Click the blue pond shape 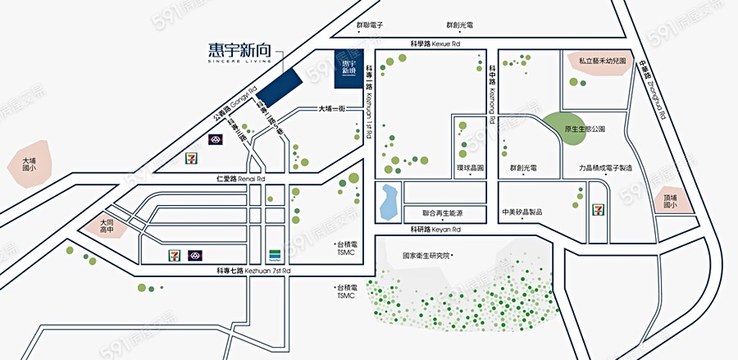(388, 202)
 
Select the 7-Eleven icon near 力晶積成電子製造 (599, 193)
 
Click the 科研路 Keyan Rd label (436, 230)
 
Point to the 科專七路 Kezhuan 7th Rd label (253, 271)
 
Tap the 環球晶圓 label (471, 167)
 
